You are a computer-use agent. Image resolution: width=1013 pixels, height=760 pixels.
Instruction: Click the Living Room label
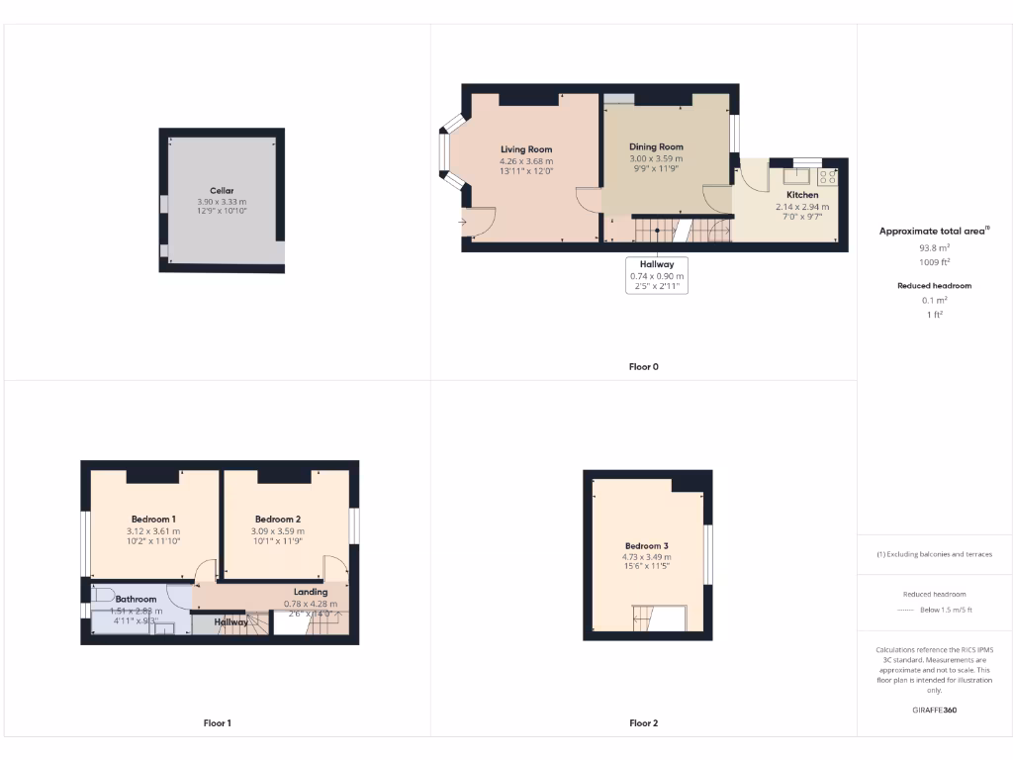click(526, 149)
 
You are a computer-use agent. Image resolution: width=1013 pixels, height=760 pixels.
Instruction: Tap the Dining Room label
click(656, 147)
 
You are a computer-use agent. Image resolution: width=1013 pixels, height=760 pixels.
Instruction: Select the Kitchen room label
click(802, 195)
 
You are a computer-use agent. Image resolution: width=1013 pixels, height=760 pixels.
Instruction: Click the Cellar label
click(222, 191)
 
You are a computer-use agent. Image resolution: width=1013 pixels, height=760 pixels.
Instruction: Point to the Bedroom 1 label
click(153, 520)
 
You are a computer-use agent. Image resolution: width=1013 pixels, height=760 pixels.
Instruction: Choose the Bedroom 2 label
click(277, 520)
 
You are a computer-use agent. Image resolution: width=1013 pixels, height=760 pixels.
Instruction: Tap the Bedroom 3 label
click(646, 546)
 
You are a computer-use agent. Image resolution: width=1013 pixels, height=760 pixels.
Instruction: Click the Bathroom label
click(136, 600)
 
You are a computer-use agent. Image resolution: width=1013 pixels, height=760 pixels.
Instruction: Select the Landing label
click(311, 592)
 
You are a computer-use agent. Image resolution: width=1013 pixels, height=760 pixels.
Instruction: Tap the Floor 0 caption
click(643, 367)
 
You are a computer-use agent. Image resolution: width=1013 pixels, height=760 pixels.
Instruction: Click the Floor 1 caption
click(217, 723)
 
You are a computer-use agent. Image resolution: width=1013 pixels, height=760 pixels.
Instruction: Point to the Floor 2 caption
click(643, 723)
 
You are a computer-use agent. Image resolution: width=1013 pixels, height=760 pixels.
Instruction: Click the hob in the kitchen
click(827, 177)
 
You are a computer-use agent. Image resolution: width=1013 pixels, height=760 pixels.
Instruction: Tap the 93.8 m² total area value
click(934, 247)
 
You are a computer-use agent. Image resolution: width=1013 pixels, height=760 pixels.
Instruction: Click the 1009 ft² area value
click(934, 262)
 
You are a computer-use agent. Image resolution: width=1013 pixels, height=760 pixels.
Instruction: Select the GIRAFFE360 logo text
click(934, 710)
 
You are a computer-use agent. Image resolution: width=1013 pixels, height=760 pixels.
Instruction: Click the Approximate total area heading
click(934, 231)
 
